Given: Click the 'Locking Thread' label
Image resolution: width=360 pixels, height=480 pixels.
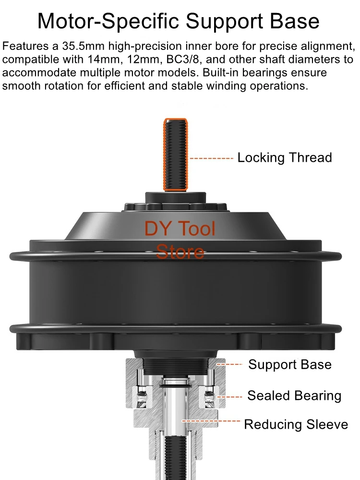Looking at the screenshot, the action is point(285,158).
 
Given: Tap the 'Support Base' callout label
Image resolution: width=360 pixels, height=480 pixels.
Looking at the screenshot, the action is point(290,365).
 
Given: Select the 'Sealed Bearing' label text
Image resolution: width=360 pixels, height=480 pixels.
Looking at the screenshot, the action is point(294,396).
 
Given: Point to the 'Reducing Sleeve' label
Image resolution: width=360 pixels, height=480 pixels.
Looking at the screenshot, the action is point(296,425).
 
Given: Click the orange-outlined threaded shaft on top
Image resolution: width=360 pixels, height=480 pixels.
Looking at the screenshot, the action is point(175,155).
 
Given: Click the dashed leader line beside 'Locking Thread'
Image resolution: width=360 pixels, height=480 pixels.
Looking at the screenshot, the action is point(212,158).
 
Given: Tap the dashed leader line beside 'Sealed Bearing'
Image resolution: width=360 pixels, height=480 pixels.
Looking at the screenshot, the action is point(229,397).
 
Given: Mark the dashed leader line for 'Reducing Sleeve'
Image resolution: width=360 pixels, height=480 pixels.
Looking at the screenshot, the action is point(211,421).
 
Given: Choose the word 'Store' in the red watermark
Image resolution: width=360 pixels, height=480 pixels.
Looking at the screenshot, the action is point(180,252).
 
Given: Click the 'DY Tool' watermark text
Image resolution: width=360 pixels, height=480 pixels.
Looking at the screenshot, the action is point(180,228).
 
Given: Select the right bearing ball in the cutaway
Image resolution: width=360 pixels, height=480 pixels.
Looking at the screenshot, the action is point(209,396).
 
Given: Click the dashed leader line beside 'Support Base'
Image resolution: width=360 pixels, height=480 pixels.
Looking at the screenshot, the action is point(229,364).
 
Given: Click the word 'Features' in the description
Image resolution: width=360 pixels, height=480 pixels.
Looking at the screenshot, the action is point(26,46).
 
